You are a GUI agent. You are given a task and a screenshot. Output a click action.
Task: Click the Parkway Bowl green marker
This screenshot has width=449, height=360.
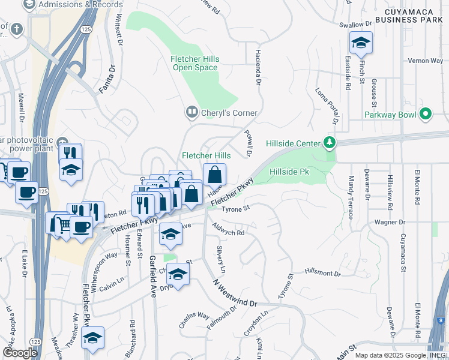pos(426,113)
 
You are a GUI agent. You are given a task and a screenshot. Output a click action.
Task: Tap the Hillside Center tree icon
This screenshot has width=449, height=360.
pos(329,143)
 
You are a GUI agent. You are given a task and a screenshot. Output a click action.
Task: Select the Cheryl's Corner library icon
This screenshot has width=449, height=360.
pos(191,112)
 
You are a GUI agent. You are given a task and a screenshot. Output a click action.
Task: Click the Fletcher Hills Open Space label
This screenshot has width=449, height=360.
pos(195,63)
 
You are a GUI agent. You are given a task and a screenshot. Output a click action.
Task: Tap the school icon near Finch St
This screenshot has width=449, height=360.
pos(361,43)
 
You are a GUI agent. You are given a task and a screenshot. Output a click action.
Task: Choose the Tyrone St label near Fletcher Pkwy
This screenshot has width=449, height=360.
pos(235,209)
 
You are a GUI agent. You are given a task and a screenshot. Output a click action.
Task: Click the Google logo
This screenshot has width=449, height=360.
pos(20,353)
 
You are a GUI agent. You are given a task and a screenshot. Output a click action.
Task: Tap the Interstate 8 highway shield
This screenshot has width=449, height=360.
pos(441,320)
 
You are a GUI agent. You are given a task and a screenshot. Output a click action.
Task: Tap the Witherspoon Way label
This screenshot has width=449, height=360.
pos(104,263)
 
